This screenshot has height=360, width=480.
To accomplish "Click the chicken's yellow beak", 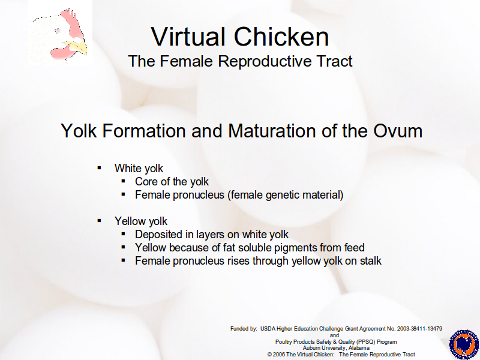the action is coord(76,48).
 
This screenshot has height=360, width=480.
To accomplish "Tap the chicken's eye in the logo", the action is coord(58,31).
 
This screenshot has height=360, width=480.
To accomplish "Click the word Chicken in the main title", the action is coord(281,37).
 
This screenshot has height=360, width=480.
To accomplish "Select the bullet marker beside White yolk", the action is coord(99,168).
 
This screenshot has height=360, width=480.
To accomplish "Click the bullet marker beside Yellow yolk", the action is coord(99,220).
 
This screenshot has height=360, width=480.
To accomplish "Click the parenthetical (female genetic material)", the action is coord(286,195).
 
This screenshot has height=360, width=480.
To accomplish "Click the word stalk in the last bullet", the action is coord(370,261).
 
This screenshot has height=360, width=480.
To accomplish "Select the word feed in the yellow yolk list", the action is coord(355,247).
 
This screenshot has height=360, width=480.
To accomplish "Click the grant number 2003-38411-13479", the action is coord(419,329).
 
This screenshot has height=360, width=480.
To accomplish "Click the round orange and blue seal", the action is coord(464,344).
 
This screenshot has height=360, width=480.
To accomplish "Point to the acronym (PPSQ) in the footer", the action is coord(365,341).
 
